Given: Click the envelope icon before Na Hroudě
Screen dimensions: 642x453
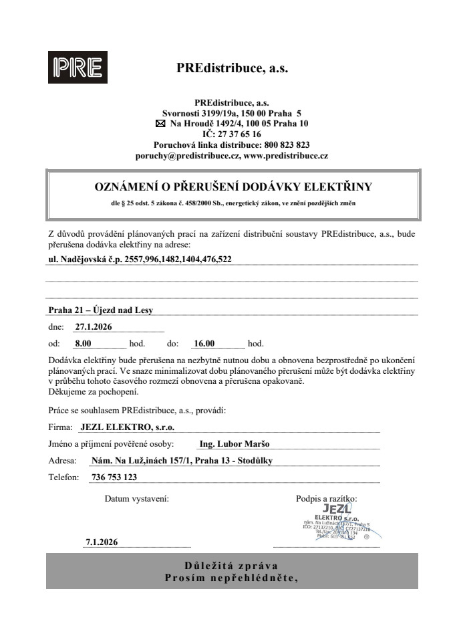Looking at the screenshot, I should tap(159, 124).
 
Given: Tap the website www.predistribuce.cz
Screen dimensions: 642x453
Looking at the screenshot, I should tap(286, 155).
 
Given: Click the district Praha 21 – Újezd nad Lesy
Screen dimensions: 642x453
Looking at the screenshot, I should tap(105, 310).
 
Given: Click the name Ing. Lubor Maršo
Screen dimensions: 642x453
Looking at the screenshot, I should tap(235, 443).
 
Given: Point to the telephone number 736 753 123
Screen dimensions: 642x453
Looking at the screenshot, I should tap(112, 477).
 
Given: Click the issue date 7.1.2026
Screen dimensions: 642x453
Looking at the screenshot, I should tap(102, 542).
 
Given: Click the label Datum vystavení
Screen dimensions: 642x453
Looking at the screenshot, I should tap(136, 498).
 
